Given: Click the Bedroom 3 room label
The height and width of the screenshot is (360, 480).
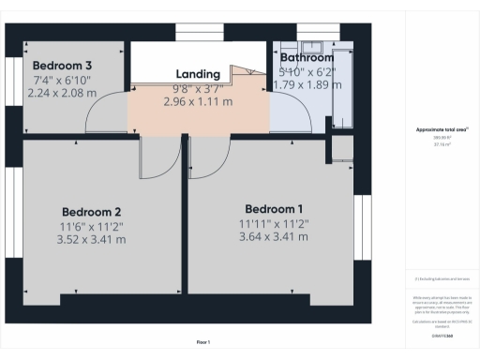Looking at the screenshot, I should pos(62,66).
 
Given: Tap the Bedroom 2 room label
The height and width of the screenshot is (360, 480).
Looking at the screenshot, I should pos(92,212).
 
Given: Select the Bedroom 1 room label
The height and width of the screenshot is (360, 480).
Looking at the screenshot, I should pos(274,208).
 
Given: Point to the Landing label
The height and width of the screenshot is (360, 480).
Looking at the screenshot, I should pos(198,74).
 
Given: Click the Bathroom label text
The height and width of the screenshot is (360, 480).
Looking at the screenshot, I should pos(300,58).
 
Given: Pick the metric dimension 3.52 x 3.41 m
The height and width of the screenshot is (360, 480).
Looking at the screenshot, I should pos(92,240).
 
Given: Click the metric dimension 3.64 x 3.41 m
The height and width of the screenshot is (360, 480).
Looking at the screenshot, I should pos(274,236).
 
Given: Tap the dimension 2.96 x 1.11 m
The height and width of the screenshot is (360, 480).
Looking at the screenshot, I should pos(198,101).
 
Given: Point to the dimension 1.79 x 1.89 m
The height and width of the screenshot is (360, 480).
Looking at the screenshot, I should pos(302,84).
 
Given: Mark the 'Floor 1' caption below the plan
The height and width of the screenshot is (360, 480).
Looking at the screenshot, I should pos(203,342).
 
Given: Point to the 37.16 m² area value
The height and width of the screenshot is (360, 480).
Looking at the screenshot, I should pos(439,144).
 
